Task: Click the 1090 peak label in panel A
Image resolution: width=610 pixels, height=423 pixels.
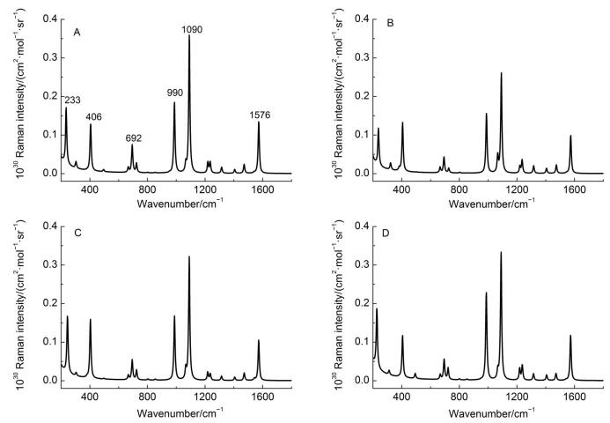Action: click(192, 29)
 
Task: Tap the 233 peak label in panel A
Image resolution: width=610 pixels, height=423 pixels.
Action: click(72, 100)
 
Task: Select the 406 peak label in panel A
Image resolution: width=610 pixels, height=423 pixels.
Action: click(94, 117)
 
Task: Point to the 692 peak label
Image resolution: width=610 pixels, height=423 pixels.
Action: click(134, 137)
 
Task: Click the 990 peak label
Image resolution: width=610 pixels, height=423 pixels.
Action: click(174, 93)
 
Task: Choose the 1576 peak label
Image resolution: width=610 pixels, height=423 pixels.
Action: click(260, 115)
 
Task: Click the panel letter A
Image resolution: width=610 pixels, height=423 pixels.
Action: click(77, 33)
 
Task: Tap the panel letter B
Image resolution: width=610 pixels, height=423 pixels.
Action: click(390, 23)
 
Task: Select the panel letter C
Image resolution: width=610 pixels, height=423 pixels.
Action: click(77, 233)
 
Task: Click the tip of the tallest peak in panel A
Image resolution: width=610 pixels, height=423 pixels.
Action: click(189, 35)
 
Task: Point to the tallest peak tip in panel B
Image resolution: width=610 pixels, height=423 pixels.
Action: click(501, 73)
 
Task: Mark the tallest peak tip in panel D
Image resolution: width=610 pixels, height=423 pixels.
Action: click(501, 252)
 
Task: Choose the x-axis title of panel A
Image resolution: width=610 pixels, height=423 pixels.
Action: click(180, 203)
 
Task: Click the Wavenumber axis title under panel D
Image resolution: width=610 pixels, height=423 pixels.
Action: click(492, 412)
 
